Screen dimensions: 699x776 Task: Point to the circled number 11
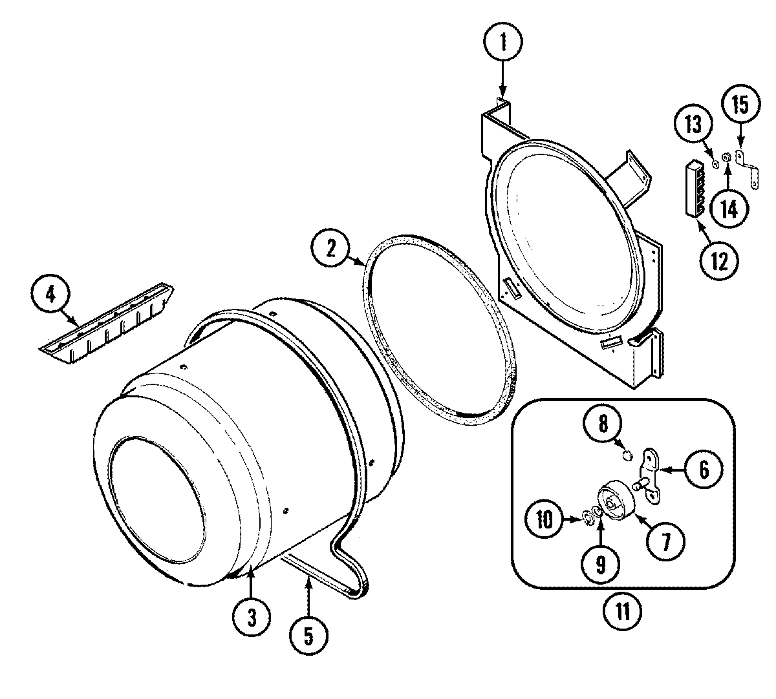[622, 610]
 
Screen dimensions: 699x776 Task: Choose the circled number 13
[693, 124]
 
